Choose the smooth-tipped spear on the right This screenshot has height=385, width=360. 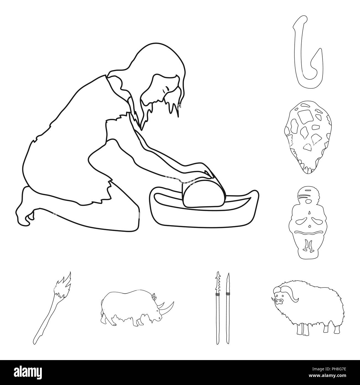[x=228, y=307]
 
